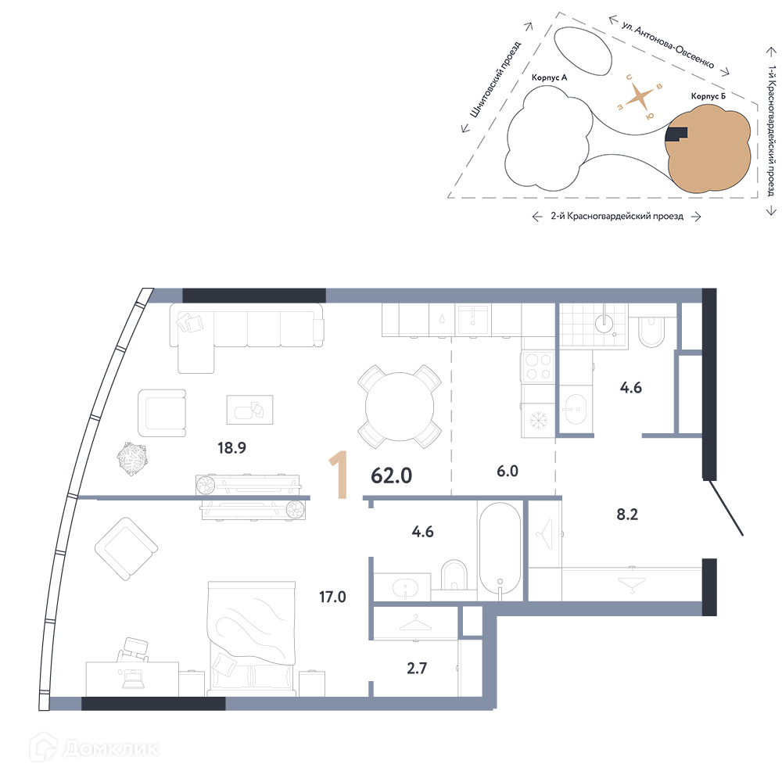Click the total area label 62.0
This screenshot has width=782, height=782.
(392, 475)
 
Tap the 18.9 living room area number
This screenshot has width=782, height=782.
(232, 448)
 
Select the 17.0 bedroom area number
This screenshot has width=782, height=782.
(332, 597)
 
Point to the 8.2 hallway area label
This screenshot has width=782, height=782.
(627, 515)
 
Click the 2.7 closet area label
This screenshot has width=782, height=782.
(417, 668)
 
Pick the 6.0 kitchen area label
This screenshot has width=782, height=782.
(508, 471)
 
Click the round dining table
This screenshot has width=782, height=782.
(400, 407)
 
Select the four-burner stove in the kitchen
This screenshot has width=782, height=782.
(539, 367)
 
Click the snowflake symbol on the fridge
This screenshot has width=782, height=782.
(538, 420)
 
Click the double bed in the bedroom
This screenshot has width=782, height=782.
(252, 638)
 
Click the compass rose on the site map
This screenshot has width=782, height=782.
(640, 97)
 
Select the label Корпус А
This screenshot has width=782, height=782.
(549, 77)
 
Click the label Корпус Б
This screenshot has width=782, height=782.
(708, 95)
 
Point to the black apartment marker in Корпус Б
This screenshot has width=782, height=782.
(676, 134)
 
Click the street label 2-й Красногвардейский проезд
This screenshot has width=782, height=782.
(617, 216)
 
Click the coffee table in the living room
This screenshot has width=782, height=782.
(249, 410)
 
